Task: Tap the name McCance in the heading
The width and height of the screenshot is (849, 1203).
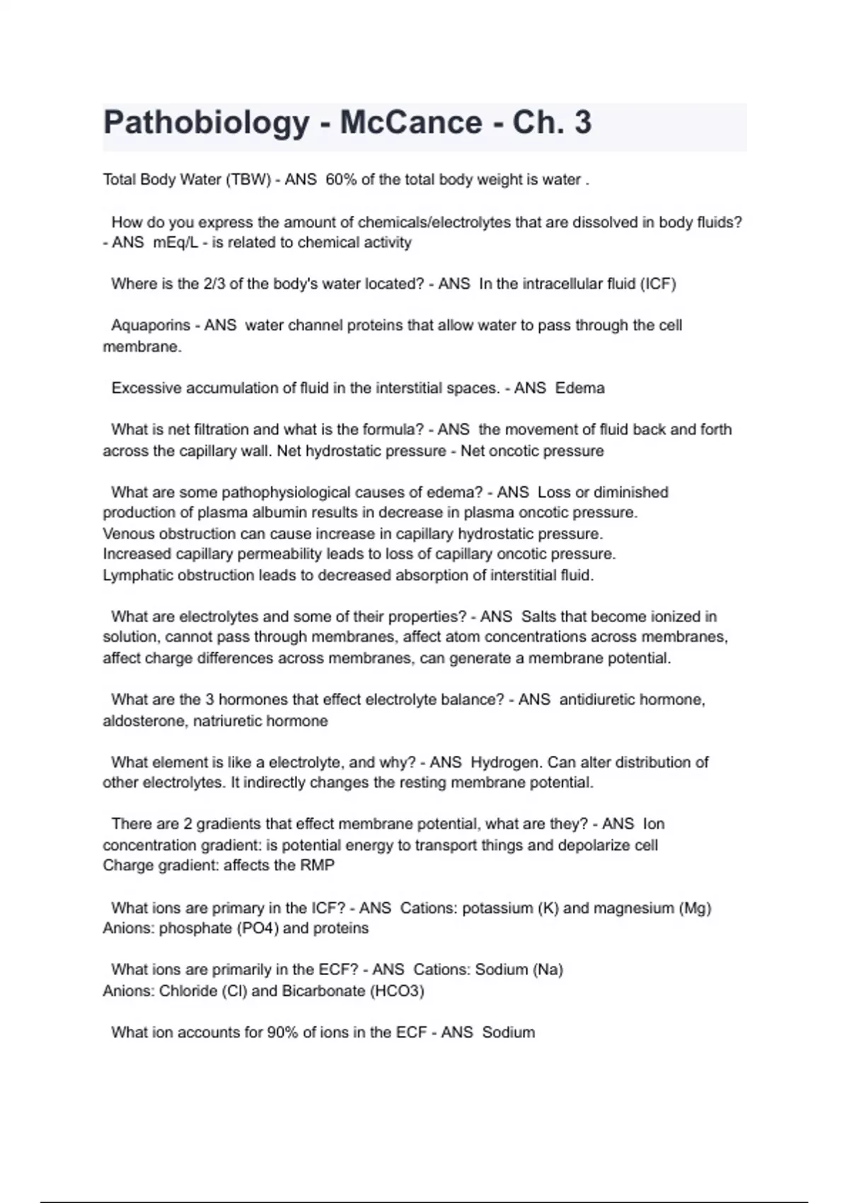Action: click(x=411, y=123)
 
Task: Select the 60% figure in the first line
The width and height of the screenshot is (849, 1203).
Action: click(x=341, y=180)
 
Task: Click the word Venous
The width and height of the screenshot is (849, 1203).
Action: click(x=128, y=534)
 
